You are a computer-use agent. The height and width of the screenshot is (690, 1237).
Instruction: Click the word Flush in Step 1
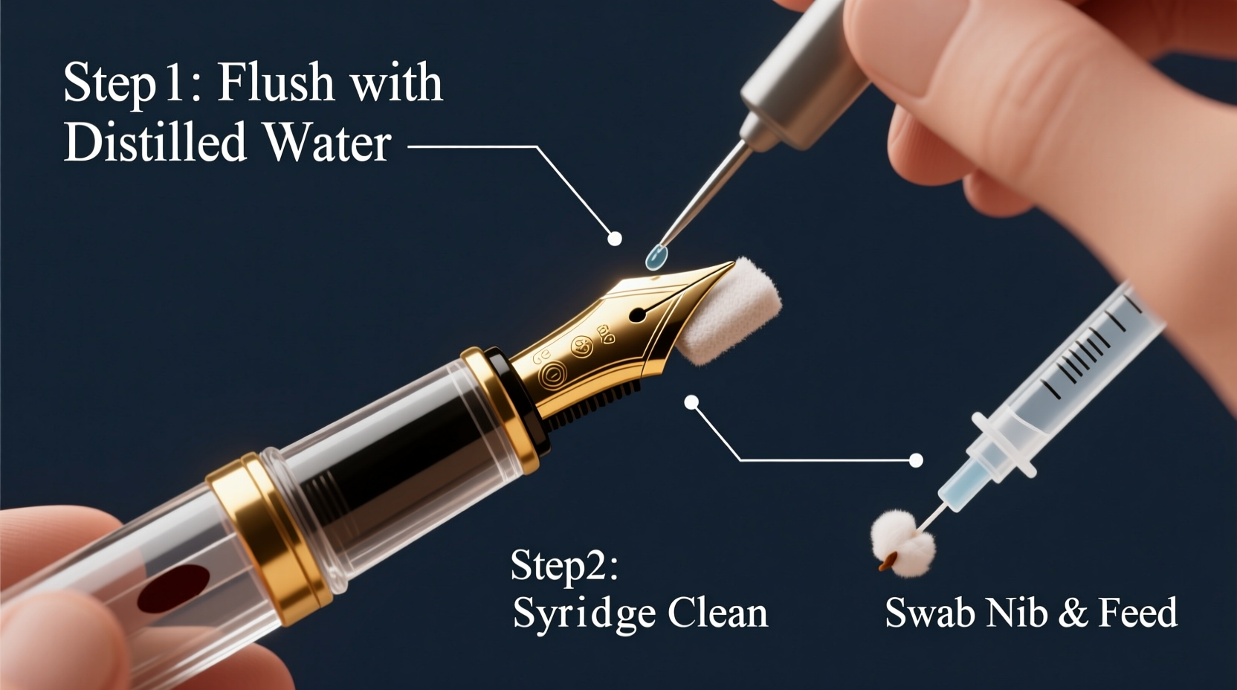pyautogui.click(x=277, y=82)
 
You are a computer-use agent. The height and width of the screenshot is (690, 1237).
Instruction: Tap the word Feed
pyautogui.click(x=1138, y=613)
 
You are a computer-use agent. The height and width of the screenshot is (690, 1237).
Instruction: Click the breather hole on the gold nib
pyautogui.click(x=637, y=315)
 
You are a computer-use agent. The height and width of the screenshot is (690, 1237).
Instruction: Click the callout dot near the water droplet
pyautogui.click(x=615, y=239)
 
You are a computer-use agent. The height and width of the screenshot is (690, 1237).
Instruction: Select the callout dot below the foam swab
pyautogui.click(x=691, y=402)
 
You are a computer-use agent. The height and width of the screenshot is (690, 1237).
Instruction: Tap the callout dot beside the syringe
pyautogui.click(x=916, y=460)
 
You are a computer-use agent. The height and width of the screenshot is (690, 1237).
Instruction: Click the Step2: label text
pyautogui.click(x=564, y=566)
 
